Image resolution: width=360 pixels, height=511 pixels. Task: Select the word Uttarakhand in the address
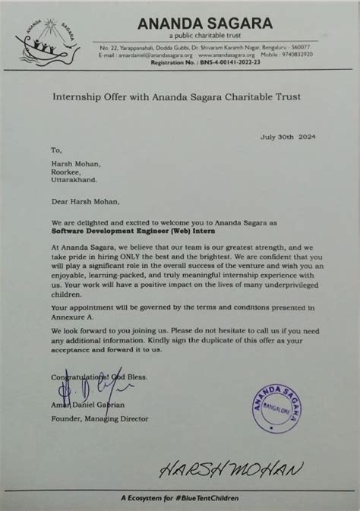(74, 181)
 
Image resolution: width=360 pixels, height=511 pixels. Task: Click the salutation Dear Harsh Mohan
(81, 201)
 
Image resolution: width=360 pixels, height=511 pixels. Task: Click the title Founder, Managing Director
(89, 418)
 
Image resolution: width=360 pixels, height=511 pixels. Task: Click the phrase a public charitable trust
(204, 36)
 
